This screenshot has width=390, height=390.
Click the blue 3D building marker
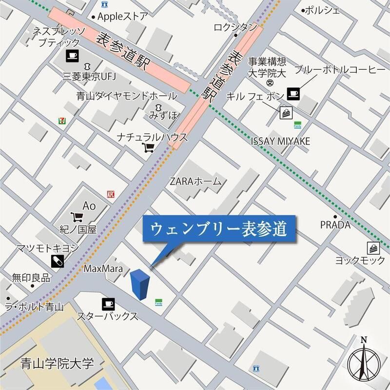point(140,284)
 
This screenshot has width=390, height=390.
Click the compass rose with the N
point(364,362)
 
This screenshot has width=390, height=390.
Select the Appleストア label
point(122,16)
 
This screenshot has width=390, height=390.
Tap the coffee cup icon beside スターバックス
point(108,304)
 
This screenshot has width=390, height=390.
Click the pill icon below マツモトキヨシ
point(57,261)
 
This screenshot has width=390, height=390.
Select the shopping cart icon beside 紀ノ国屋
point(76,217)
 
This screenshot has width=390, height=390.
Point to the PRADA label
point(335,225)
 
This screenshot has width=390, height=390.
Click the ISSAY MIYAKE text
point(280,141)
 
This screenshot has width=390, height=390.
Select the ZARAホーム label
point(195,182)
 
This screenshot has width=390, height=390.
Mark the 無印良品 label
point(31,278)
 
